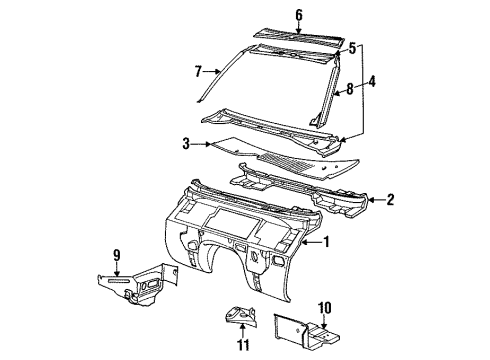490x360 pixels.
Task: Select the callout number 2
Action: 390,199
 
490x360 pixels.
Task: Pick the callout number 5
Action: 351,47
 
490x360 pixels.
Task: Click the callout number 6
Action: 270,14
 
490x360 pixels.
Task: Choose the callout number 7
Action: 198,72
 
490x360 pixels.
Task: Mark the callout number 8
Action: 350,90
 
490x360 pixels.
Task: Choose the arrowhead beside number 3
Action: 203,145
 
